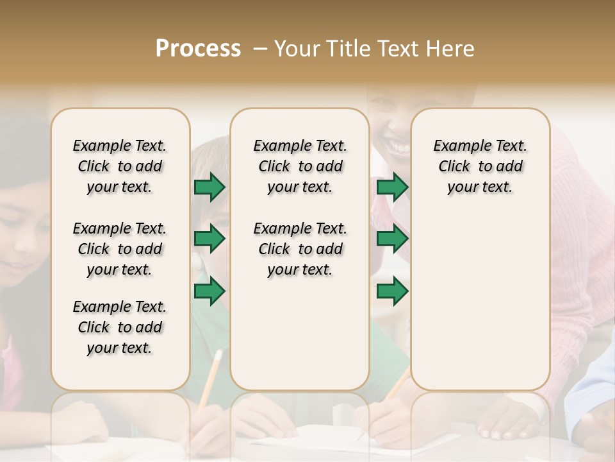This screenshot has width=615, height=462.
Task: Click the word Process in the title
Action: [198, 49]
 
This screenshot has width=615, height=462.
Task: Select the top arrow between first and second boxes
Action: [209, 187]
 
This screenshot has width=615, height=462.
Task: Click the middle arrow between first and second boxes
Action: [209, 239]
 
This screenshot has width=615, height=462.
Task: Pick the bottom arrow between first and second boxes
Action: [209, 291]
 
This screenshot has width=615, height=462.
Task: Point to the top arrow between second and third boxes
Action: [392, 187]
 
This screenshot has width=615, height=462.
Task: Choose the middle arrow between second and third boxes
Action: [392, 239]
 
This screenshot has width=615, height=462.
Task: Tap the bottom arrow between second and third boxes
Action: [392, 291]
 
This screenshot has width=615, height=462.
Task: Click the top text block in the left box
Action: [120, 166]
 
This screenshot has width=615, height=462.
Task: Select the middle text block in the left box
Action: [120, 249]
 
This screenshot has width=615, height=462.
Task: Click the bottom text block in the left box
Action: [120, 327]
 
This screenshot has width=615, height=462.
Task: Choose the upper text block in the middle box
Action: [300, 166]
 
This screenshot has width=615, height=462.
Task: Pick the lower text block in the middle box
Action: [300, 249]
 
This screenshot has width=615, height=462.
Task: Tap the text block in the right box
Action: [480, 166]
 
